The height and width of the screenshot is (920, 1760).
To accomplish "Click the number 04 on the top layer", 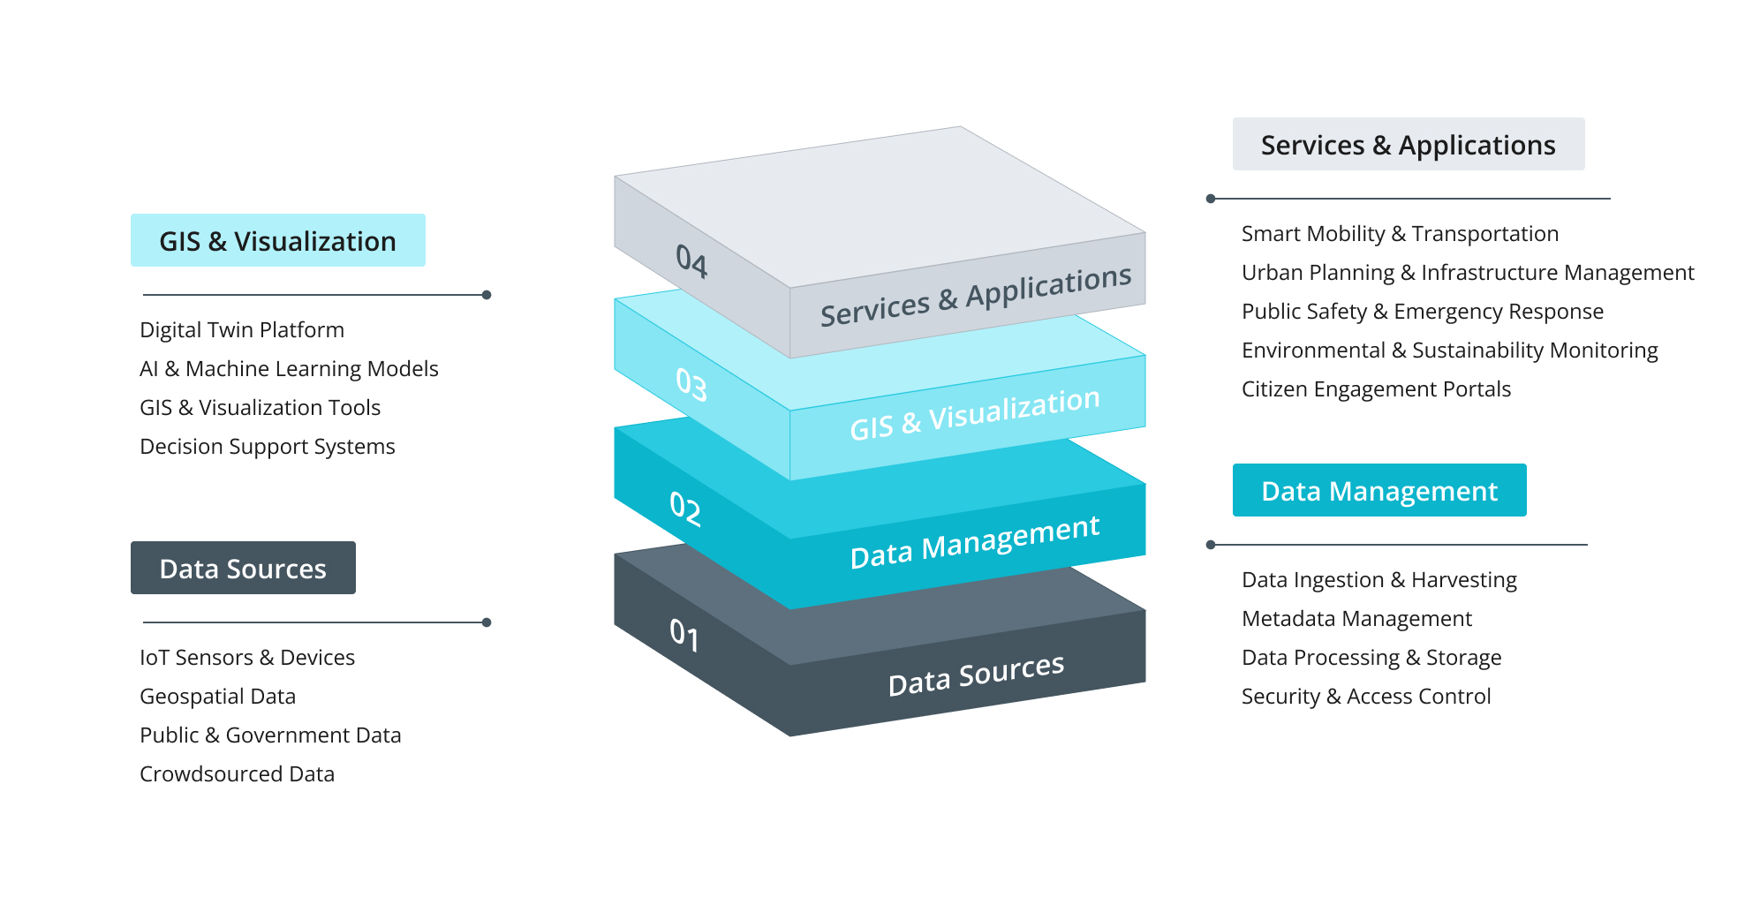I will (691, 260).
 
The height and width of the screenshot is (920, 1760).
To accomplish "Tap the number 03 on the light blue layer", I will (691, 384).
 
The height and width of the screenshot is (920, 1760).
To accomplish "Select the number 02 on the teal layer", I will (685, 509).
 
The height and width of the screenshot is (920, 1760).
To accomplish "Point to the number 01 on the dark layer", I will (684, 634).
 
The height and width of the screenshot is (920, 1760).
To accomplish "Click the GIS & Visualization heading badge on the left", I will (277, 240).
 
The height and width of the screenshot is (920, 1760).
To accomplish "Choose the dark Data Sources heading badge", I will (243, 568).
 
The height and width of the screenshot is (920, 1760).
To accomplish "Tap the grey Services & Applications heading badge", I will (1408, 144).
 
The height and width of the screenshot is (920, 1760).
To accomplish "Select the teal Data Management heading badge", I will (1379, 490).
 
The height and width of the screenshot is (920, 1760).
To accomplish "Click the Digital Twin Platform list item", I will (242, 329).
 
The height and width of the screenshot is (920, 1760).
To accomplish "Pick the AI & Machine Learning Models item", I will (289, 368).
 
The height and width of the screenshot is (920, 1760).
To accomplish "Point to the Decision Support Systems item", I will (267, 446).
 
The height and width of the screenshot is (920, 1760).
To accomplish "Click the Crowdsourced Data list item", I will (237, 773).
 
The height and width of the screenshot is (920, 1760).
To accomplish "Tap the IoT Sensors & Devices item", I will (247, 657).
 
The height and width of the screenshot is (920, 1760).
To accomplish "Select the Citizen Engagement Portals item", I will (1376, 388).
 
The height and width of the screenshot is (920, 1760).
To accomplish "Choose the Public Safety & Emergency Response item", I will (1422, 311).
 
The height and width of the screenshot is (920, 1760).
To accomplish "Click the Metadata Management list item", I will (1356, 618).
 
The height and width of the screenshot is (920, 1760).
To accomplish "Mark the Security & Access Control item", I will (1365, 696).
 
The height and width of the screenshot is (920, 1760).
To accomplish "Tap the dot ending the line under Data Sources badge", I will (487, 622).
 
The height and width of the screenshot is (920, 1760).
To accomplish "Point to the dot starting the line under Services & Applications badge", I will (1211, 199).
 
